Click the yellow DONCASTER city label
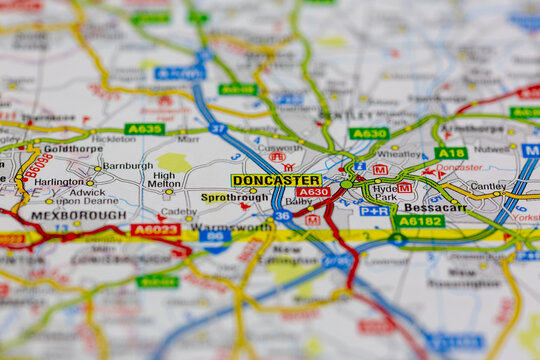[276, 180]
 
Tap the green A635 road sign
[144, 129]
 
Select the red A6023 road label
[155, 229]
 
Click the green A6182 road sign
[419, 221]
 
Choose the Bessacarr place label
[434, 208]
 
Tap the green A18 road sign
[450, 153]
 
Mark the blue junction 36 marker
[282, 215]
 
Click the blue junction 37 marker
[217, 129]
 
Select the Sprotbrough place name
[234, 198]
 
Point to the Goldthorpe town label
[72, 148]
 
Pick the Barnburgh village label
[127, 166]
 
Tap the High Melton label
[164, 179]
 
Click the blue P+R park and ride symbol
[374, 211]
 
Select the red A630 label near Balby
[312, 192]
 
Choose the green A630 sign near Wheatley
[368, 133]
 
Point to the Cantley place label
[487, 186]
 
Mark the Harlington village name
[59, 182]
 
